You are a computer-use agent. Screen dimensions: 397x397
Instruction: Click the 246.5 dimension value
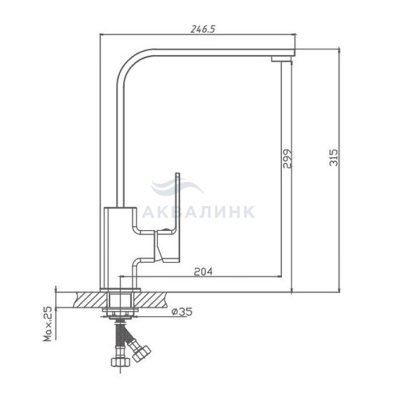pos(202,29)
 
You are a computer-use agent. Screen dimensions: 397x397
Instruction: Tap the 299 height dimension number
pos(288,159)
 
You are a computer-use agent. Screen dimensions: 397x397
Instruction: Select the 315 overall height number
pos(333,158)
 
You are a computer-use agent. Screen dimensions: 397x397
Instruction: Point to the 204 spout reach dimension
pos(203,272)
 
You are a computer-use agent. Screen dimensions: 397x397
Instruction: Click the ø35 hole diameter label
pos(182,312)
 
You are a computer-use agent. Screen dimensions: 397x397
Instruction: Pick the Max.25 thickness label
pos(47,324)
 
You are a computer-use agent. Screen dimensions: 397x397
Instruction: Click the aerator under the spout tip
pos(281,59)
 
